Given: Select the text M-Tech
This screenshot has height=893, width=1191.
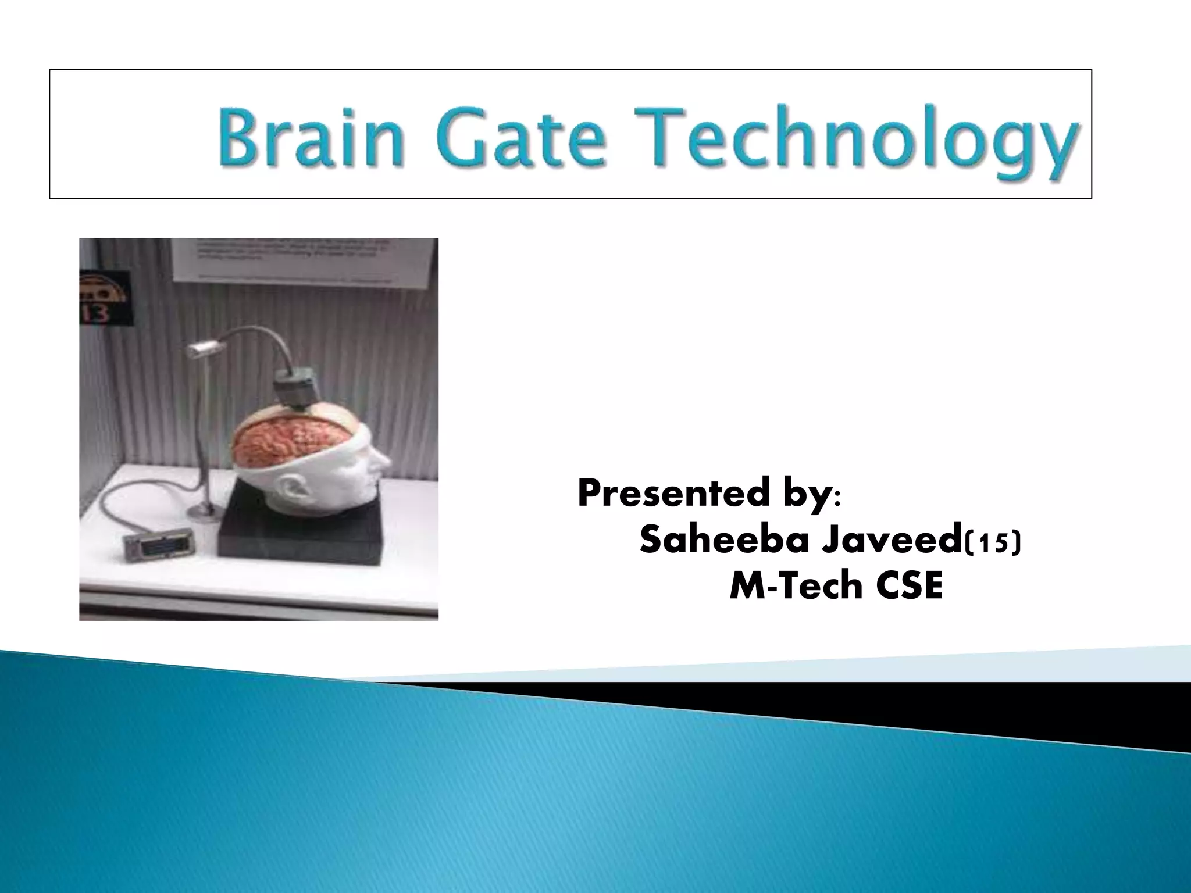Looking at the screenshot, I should pyautogui.click(x=789, y=587).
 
